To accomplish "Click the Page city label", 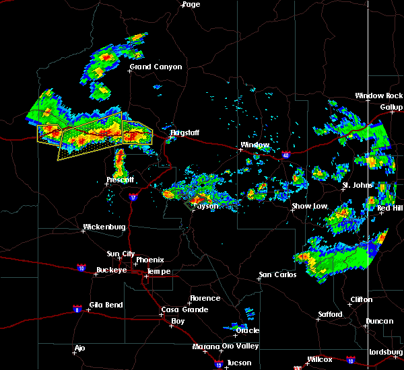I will coord(191,4).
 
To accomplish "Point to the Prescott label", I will coord(121,180).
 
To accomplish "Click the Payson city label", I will coord(206,206).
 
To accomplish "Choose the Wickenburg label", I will coord(104,227).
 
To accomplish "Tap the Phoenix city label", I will coord(149,260).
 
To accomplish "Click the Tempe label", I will coord(159,272).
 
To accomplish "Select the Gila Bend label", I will coord(106,305).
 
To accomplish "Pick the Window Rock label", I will coord(379,96).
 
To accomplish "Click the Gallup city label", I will coord(391,107).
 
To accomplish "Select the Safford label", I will coord(330,314).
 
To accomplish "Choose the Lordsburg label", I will coord(386,353).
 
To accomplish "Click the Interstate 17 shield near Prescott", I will coord(133,197).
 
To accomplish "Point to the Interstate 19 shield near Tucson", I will coord(219,363).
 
